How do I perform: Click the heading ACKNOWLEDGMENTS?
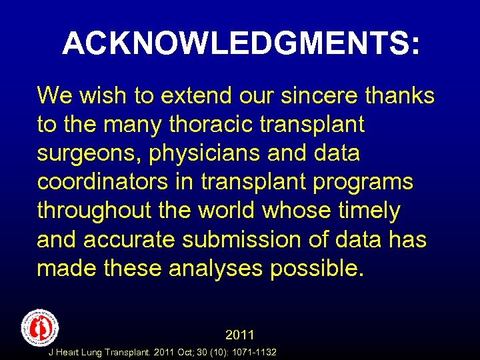[241, 44]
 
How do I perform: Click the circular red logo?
[40, 327]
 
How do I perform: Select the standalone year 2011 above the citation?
[240, 334]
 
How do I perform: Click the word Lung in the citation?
[95, 352]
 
